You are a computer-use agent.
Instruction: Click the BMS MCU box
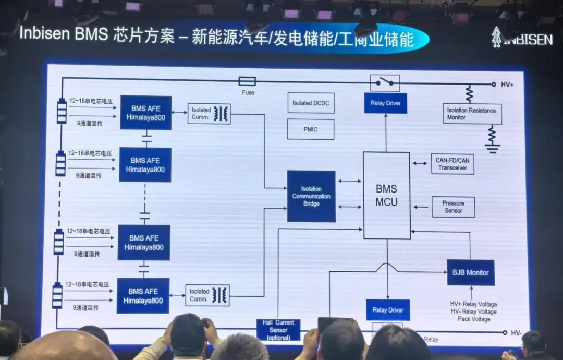pos(386,196)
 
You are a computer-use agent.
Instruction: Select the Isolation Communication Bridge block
pos(311,196)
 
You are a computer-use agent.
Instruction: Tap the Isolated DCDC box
pos(311,103)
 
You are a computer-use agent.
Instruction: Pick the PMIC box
pos(310,129)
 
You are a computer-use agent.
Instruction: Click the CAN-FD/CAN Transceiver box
pos(452,164)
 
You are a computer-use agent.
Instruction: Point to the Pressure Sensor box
pos(453,207)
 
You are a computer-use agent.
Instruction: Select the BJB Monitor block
pos(470,272)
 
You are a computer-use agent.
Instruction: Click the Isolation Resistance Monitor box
pos(472,114)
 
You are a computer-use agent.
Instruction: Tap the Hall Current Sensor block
pos(278,330)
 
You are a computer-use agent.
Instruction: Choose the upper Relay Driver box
pos(386,103)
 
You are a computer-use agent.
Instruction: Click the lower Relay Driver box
pos(388,310)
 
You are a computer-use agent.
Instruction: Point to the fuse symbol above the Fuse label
pos(247,81)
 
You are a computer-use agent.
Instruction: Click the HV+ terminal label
pos(507,85)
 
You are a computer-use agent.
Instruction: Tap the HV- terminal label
pos(516,332)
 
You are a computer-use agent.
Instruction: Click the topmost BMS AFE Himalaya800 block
pos(145,113)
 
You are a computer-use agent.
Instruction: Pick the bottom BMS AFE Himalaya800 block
pos(143,296)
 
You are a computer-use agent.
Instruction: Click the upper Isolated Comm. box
pos(209,113)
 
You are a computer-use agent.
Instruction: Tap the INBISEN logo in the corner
pos(521,38)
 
